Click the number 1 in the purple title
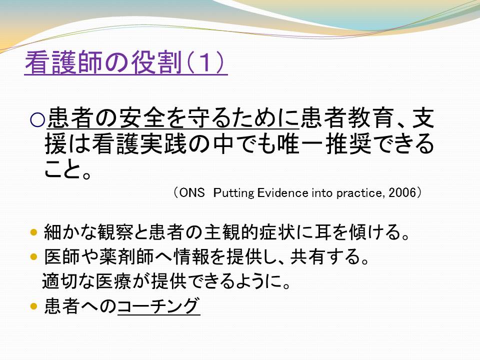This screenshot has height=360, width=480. [x=205, y=62]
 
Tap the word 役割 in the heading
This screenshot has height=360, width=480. [x=157, y=62]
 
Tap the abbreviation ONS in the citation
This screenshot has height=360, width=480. [x=192, y=193]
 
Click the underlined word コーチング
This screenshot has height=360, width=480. [x=159, y=306]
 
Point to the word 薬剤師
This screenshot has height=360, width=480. [x=126, y=256]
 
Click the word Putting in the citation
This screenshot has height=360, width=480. [x=233, y=193]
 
